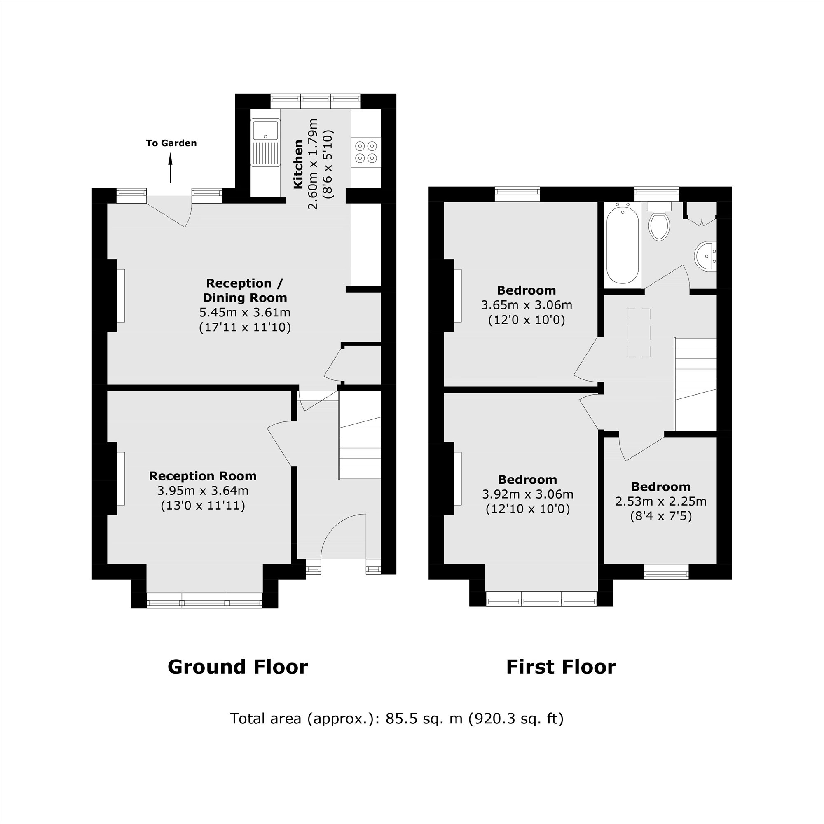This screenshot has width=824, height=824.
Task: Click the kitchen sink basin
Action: (265, 130)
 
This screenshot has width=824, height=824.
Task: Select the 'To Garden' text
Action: (171, 143)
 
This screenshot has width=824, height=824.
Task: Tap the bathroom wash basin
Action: (706, 256)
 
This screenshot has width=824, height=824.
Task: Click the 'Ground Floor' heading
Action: (238, 667)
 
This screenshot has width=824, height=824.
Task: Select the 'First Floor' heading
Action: (560, 667)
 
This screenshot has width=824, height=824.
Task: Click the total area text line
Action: (397, 718)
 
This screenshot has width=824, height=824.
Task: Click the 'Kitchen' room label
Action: (298, 164)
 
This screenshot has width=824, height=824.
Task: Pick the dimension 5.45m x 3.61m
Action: (245, 312)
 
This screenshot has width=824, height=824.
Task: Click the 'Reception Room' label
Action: (203, 476)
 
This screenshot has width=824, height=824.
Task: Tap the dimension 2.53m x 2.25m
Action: (661, 501)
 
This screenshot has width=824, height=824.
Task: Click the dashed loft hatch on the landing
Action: (639, 332)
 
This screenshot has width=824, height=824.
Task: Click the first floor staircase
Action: (695, 384)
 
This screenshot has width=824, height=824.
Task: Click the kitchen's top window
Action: (316, 101)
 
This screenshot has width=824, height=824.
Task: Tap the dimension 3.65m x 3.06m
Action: (526, 305)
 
